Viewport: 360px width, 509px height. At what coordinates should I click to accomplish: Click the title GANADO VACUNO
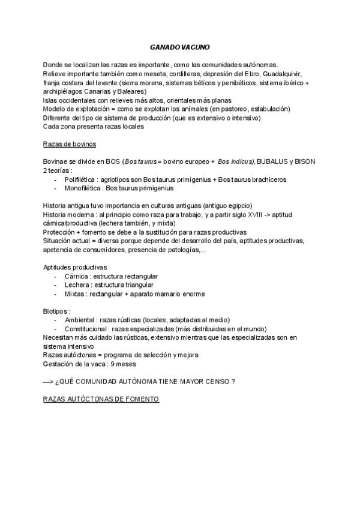180,47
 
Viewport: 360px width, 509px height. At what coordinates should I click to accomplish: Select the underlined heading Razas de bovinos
70,145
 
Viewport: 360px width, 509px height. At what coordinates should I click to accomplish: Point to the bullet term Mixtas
76,294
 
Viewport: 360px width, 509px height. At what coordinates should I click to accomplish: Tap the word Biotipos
56,312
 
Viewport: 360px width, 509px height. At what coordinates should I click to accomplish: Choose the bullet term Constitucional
88,329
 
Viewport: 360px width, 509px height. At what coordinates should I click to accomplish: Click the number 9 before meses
113,364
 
